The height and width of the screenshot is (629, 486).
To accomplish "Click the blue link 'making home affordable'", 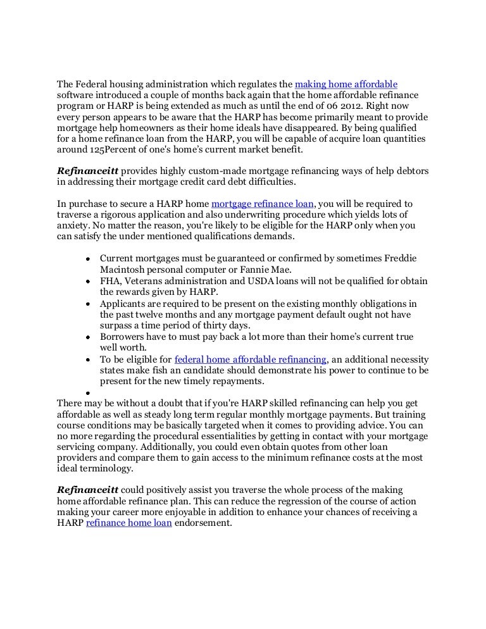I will (346, 84).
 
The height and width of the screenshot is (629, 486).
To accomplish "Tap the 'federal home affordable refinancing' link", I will (250, 358).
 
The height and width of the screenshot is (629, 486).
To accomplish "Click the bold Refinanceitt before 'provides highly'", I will (87, 171).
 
